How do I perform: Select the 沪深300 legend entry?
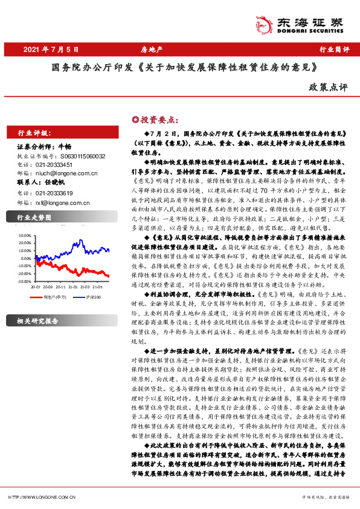(x=91, y=297)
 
